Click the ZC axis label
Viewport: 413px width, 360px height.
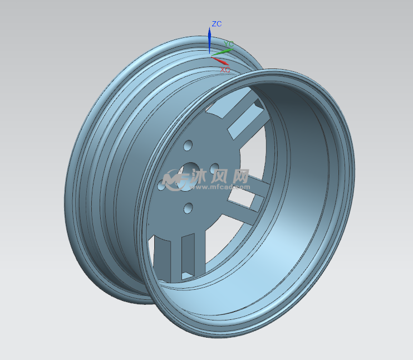(x=217, y=24)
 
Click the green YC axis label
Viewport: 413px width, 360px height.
(x=229, y=44)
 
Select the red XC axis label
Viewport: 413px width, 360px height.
(x=225, y=70)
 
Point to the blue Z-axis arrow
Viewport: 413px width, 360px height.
(x=209, y=40)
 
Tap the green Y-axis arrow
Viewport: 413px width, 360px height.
(x=222, y=52)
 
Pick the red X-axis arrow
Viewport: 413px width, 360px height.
(x=220, y=61)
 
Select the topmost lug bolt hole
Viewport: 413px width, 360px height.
(x=188, y=145)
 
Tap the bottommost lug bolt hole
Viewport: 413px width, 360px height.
(x=188, y=208)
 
